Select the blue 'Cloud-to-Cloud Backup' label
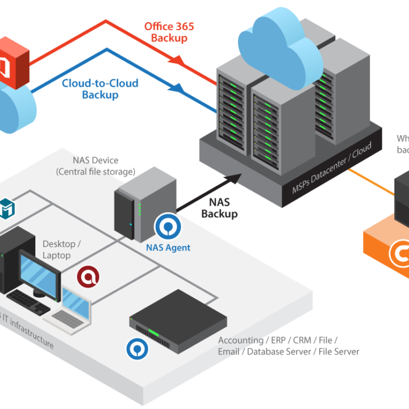tap(100, 89)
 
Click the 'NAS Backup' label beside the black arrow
tap(219, 207)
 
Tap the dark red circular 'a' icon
tap(89, 277)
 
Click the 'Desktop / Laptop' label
tap(61, 249)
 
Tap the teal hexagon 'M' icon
tap(7, 207)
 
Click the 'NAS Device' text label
tap(95, 161)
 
